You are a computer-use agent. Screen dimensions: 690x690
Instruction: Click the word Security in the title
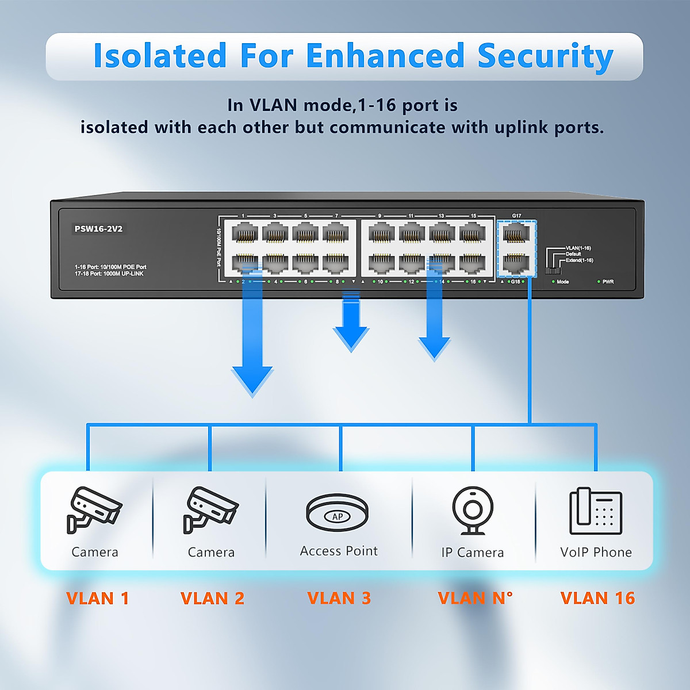point(545,56)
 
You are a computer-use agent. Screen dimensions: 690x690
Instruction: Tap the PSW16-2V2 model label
point(98,229)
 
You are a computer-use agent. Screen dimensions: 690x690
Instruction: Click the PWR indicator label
point(608,282)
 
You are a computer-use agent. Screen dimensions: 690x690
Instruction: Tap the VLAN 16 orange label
point(597,598)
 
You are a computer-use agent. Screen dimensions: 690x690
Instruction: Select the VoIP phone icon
point(596,511)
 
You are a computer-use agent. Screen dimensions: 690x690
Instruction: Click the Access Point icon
point(338,512)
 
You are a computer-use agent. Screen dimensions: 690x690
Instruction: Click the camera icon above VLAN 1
point(93,509)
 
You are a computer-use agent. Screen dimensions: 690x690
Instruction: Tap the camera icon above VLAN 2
point(210,509)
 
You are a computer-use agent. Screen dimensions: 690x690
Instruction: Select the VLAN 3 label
point(339,598)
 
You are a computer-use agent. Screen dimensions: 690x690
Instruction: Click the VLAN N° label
point(475,598)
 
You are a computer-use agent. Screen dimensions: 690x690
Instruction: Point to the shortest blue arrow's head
point(351,339)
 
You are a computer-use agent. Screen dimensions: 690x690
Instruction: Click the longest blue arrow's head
point(252,382)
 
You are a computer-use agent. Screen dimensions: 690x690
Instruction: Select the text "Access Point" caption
point(339,551)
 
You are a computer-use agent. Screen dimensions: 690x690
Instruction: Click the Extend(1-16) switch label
point(579,260)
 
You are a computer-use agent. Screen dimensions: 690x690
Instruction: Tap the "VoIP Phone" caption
point(596,552)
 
